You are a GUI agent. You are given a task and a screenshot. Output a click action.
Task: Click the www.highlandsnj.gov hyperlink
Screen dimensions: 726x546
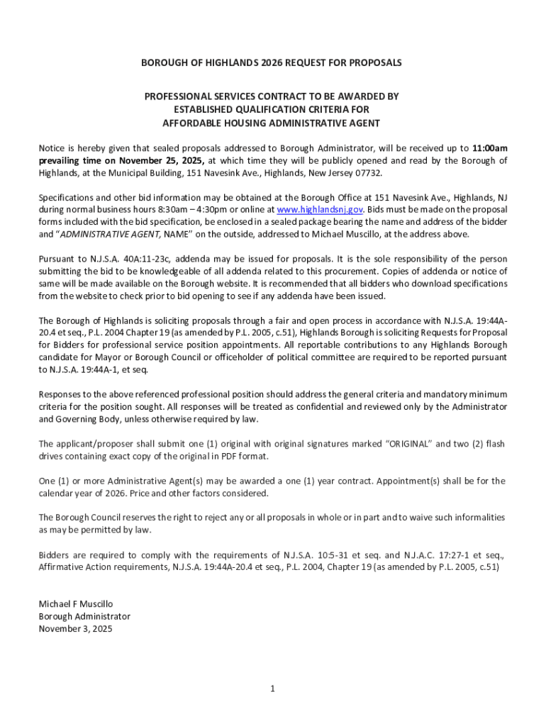[x=320, y=210]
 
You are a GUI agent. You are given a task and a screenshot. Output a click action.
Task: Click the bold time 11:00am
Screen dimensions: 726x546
[x=489, y=148]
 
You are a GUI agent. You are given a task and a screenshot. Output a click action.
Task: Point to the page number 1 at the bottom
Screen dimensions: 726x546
[x=273, y=688]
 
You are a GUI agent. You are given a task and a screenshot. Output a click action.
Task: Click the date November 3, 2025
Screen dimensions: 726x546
[x=75, y=628]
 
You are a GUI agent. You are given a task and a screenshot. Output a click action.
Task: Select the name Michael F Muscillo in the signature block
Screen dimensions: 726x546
[x=76, y=604]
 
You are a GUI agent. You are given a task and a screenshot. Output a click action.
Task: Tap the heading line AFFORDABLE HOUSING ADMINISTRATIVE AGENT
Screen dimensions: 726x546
[x=272, y=123]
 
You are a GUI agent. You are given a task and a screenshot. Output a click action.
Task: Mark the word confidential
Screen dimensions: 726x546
[x=279, y=407]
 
